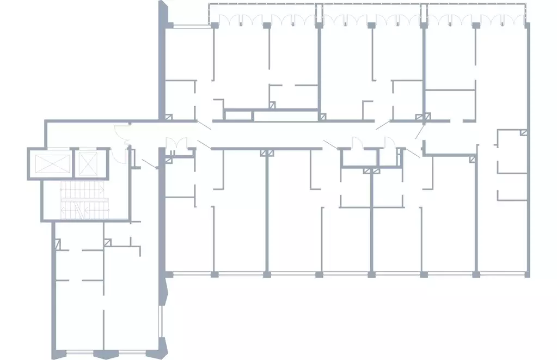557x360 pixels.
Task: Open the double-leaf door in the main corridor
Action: click(176, 143)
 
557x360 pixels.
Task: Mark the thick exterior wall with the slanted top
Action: click(162, 60)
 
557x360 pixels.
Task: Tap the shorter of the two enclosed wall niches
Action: click(238, 115)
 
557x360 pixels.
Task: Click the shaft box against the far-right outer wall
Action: click(524, 132)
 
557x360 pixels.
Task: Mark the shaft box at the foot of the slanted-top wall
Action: click(169, 117)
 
